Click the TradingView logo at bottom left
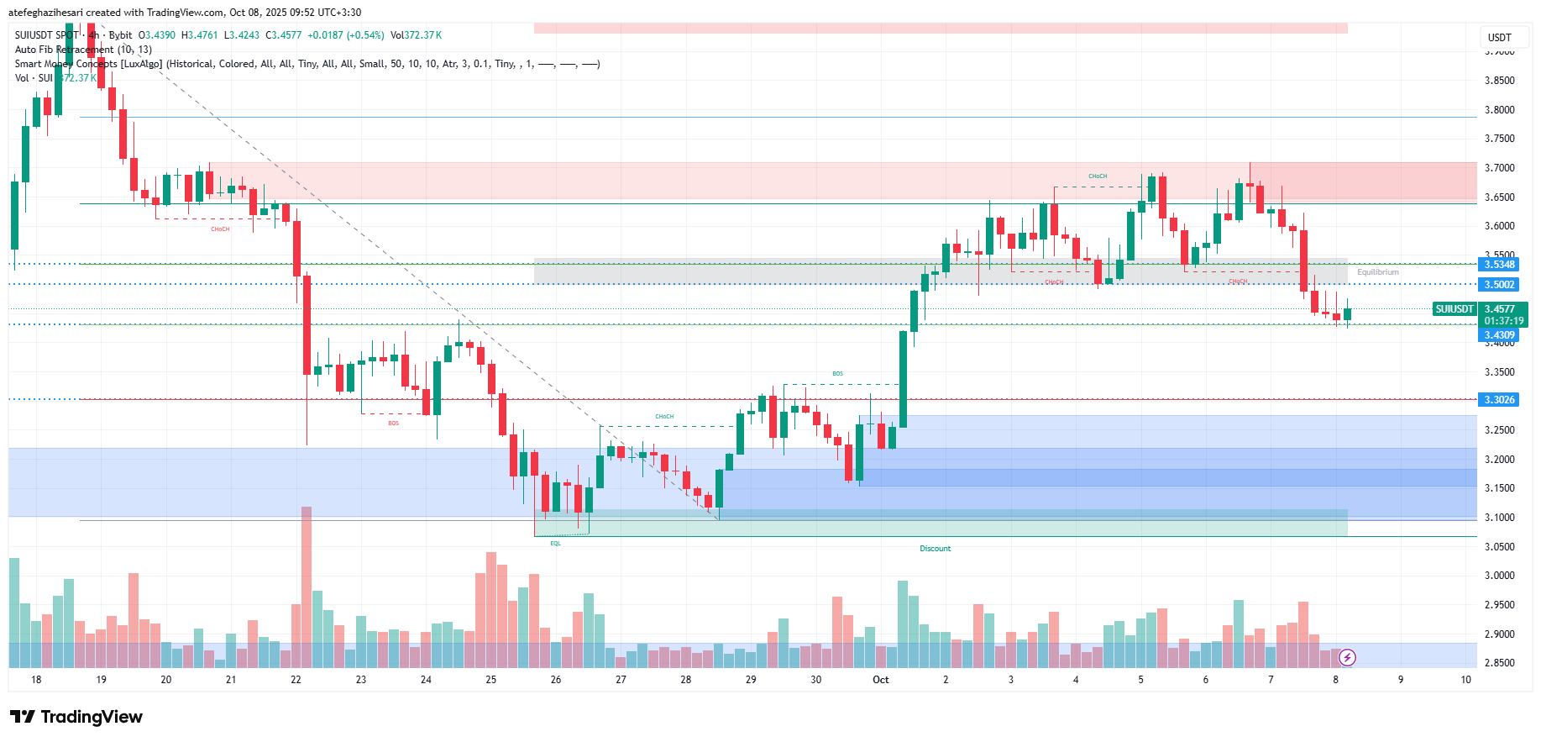click(76, 717)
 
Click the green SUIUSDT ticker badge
click(1454, 309)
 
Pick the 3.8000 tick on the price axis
click(1499, 110)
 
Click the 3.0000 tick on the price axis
click(1499, 576)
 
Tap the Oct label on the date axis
click(880, 680)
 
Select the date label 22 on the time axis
click(296, 680)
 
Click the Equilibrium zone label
click(1377, 272)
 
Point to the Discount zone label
click(935, 549)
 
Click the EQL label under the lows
click(555, 544)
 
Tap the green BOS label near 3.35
click(837, 374)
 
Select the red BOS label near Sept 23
click(394, 424)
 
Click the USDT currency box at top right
click(1499, 38)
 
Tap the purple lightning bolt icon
click(1347, 657)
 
